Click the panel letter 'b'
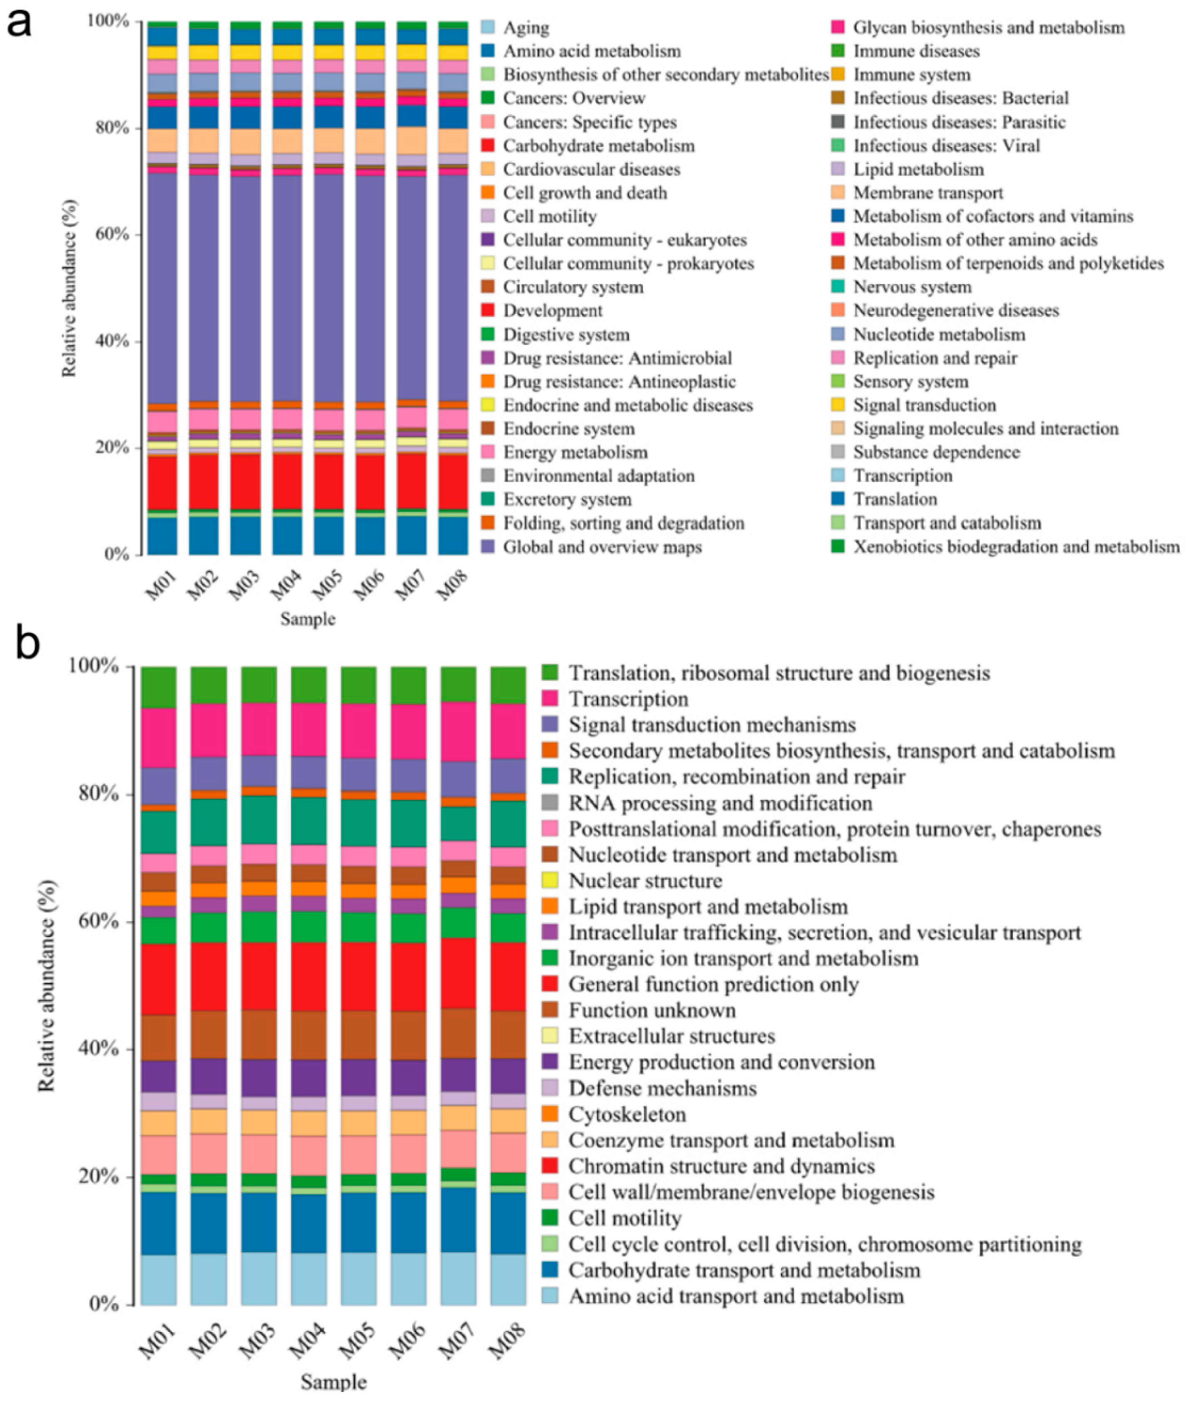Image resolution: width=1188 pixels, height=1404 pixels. (x=27, y=643)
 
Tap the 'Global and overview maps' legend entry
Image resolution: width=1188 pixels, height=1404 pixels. (x=602, y=547)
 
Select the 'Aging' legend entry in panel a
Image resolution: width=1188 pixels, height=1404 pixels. (x=526, y=27)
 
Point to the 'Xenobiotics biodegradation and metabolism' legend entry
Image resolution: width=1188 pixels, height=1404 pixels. (x=1016, y=547)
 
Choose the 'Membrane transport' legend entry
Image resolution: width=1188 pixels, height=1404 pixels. (x=928, y=193)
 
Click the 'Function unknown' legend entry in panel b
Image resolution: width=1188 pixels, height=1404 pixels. (x=652, y=1010)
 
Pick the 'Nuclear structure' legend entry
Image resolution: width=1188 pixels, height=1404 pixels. (x=645, y=881)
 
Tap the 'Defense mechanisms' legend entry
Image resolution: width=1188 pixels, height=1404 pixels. (x=662, y=1088)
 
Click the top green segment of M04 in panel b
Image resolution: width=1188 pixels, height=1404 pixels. (x=308, y=684)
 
